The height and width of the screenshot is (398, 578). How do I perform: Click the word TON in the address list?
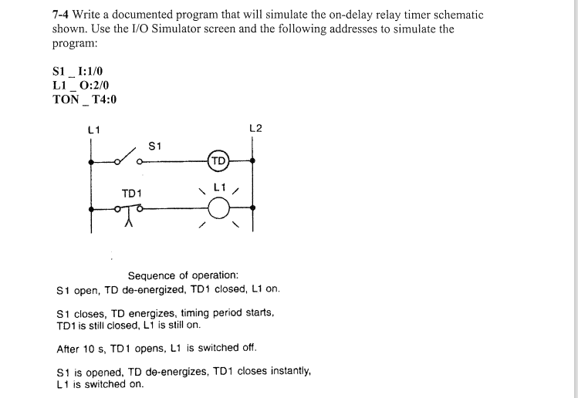pyautogui.click(x=65, y=99)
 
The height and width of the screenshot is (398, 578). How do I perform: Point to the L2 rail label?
pyautogui.click(x=256, y=128)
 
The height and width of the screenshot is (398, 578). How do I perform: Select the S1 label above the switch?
pyautogui.click(x=154, y=145)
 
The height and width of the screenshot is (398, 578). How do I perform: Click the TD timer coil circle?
pyautogui.click(x=218, y=162)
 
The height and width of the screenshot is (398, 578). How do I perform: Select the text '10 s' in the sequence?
pyautogui.click(x=96, y=348)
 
